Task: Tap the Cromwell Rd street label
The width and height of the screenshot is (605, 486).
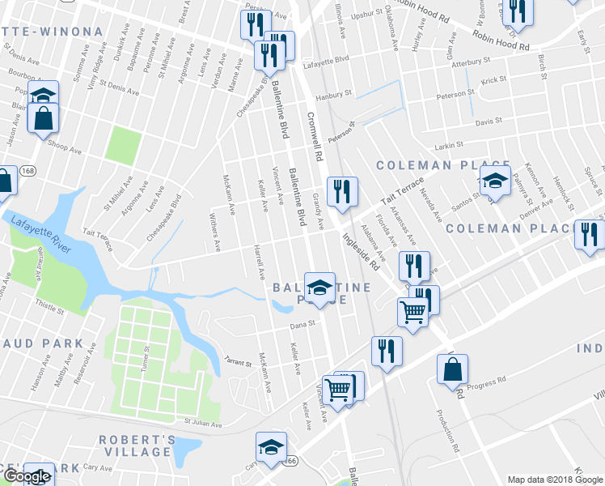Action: (315, 135)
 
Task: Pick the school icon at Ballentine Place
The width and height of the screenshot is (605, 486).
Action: (319, 288)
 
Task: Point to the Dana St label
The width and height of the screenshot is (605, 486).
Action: (301, 326)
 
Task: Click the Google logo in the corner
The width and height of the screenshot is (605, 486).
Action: (26, 477)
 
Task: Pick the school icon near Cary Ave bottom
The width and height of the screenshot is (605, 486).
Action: (271, 446)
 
